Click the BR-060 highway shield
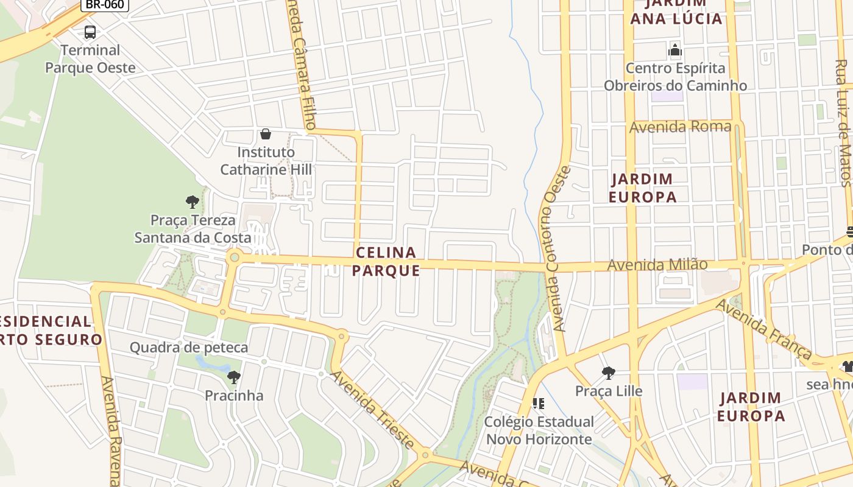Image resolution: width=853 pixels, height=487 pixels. [105, 5]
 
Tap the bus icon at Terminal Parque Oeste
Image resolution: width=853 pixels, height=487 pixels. [90, 32]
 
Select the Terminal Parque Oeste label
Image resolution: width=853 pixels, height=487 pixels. [90, 58]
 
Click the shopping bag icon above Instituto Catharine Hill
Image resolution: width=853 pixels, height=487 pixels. [266, 134]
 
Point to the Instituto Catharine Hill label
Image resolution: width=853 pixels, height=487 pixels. [266, 161]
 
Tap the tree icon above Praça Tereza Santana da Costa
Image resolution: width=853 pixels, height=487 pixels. [193, 202]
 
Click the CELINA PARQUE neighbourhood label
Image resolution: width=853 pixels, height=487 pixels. [386, 261]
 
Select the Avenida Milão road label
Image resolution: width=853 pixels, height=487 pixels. [657, 265]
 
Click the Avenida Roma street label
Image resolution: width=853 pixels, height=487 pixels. [680, 127]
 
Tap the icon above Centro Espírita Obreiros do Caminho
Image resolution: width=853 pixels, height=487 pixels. [675, 50]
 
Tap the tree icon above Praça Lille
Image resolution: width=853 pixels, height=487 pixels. [608, 373]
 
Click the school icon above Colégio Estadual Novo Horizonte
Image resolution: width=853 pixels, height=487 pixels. [538, 403]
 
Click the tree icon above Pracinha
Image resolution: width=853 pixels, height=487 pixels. [234, 377]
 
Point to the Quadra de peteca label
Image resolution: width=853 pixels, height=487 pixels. [189, 348]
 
